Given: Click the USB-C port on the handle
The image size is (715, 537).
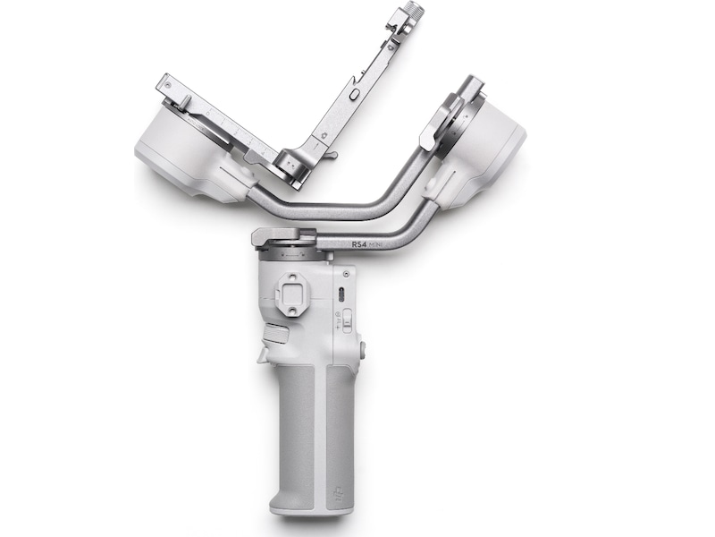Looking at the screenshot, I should pyautogui.click(x=340, y=294).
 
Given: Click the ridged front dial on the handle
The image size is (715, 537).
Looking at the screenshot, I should pyautogui.click(x=276, y=336).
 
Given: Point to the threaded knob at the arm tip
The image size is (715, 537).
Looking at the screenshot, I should pyautogui.click(x=414, y=12).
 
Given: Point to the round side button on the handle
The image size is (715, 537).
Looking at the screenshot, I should pyautogui.click(x=363, y=351).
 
